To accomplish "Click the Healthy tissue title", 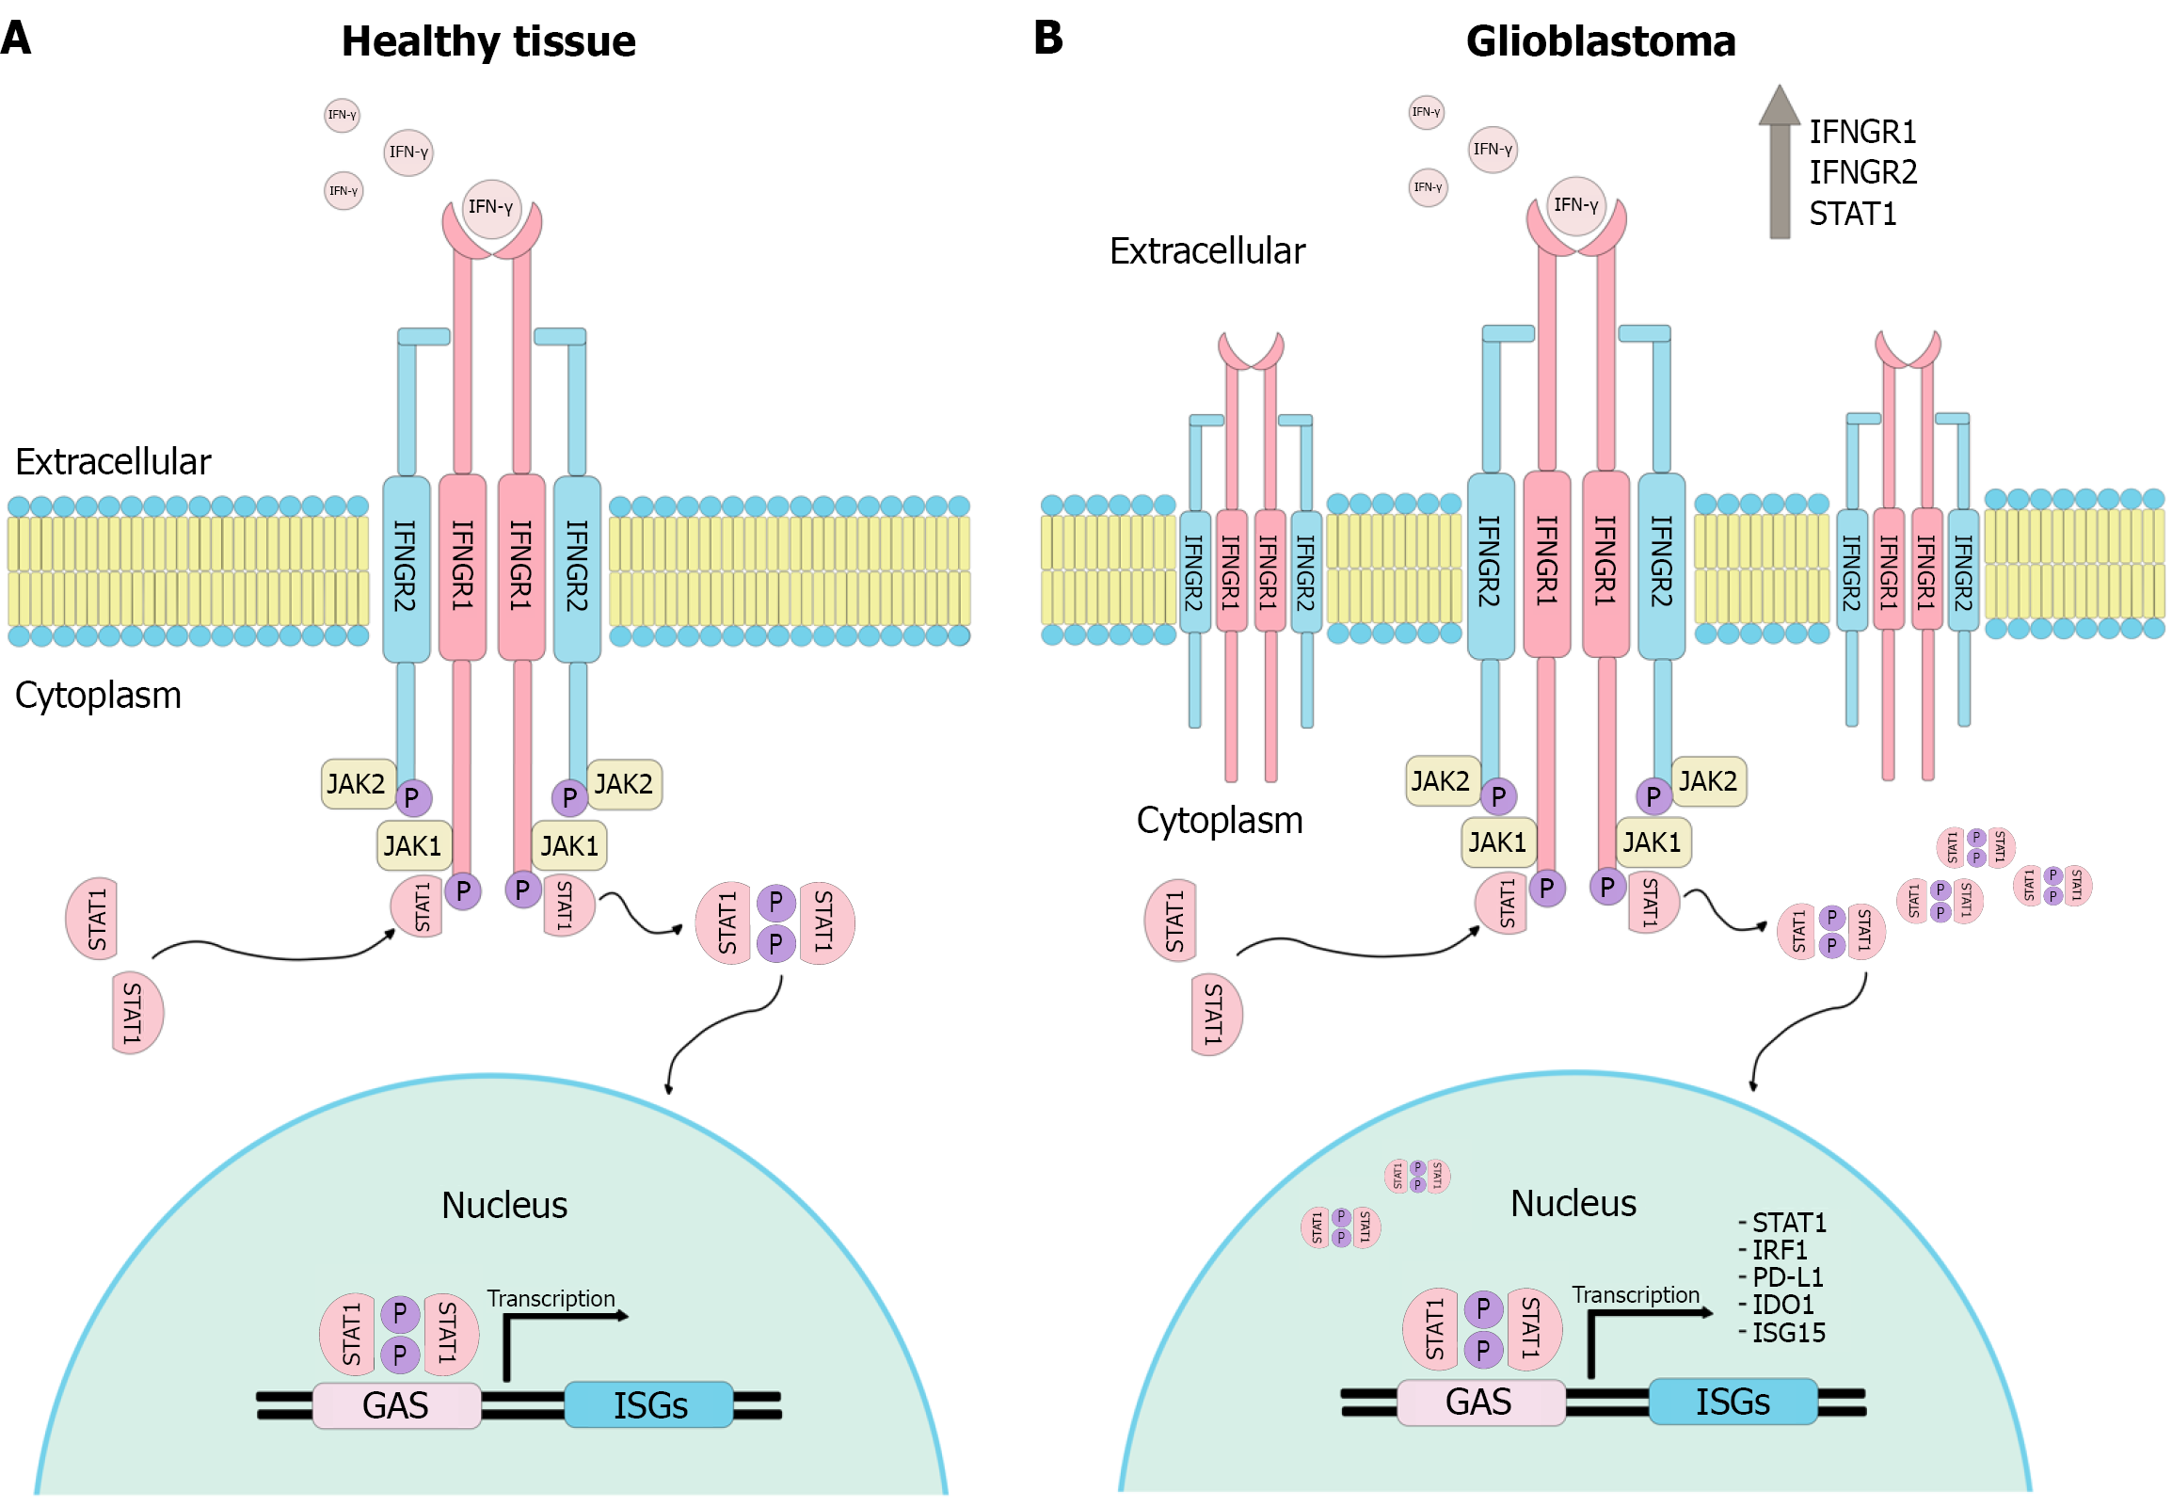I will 488,41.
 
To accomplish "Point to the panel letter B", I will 1047,38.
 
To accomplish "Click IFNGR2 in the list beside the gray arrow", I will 1862,173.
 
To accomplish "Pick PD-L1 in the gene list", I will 1786,1277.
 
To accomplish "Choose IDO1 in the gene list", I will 1782,1305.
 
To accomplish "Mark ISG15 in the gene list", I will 1788,1333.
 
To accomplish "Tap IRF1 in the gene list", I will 1779,1250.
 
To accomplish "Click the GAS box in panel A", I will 396,1406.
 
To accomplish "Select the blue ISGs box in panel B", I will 1733,1403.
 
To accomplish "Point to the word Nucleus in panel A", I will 504,1206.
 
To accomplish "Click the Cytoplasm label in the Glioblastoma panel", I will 1219,821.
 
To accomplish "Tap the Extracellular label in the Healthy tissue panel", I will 113,462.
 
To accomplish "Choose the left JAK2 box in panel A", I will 357,785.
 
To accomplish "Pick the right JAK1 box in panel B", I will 1652,842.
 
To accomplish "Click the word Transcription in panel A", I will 551,1299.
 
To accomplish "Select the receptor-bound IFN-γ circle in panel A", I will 491,207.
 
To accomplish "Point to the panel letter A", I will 15,38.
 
